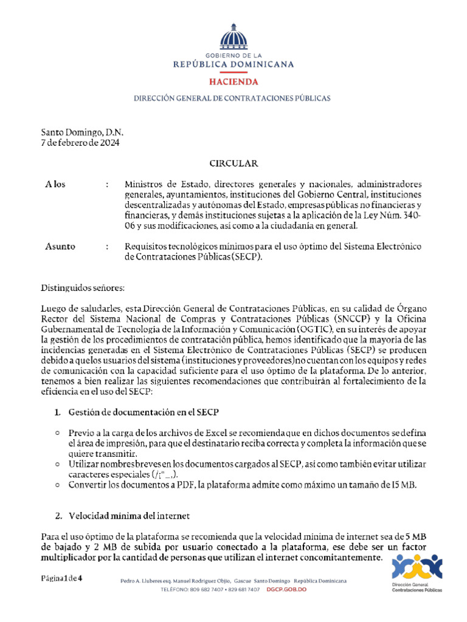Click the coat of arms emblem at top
click(x=233, y=38)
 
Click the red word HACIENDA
click(x=233, y=81)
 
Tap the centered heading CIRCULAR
click(x=233, y=163)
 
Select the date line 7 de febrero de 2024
click(x=80, y=143)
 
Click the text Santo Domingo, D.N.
click(x=82, y=132)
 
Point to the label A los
click(x=55, y=184)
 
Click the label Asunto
click(x=60, y=247)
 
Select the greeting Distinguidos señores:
click(x=82, y=287)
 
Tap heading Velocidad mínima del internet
click(x=129, y=516)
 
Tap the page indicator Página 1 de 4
click(x=61, y=578)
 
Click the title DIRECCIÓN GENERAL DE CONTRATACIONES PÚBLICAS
click(x=232, y=98)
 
